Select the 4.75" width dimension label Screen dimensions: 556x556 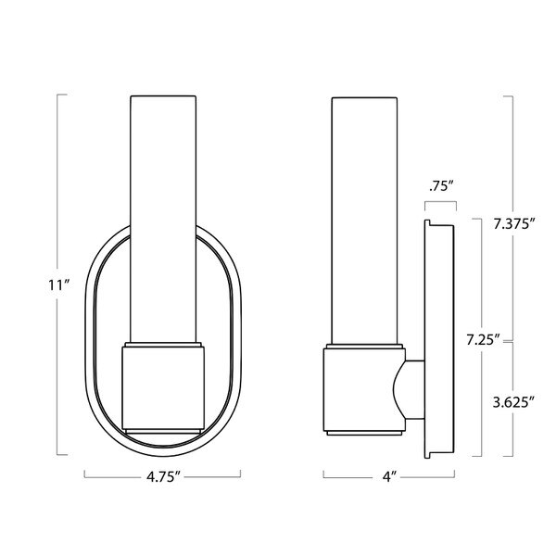click(x=162, y=480)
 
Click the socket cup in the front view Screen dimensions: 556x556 click(x=163, y=386)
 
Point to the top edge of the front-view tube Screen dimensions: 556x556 click(x=163, y=95)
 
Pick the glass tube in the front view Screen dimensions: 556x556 click(x=163, y=213)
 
